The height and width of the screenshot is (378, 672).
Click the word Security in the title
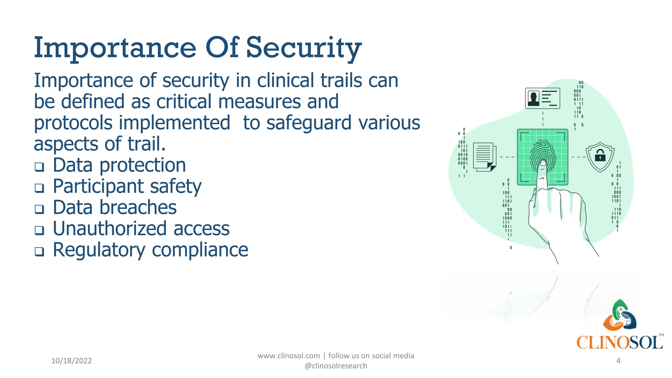[x=304, y=49]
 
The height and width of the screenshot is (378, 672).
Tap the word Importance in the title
[x=115, y=49]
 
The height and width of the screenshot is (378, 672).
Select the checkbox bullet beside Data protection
[x=39, y=167]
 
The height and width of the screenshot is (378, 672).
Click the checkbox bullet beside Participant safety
[x=39, y=188]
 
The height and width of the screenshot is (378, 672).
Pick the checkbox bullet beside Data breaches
[x=39, y=209]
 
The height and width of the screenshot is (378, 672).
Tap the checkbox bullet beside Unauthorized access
[x=39, y=230]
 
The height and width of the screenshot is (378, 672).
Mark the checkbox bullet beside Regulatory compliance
[x=39, y=252]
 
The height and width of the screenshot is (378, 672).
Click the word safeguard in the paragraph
[x=309, y=123]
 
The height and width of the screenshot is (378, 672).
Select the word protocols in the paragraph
[x=73, y=123]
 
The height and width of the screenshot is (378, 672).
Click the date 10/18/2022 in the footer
[x=72, y=361]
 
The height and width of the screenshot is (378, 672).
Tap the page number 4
[x=618, y=361]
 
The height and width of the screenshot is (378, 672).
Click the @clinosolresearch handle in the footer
[x=336, y=366]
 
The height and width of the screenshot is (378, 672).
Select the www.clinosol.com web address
[x=288, y=356]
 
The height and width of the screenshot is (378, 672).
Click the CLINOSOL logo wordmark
[x=619, y=343]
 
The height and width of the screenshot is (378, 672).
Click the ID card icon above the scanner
[x=542, y=98]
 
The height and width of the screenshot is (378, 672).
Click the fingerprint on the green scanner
[x=542, y=154]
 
